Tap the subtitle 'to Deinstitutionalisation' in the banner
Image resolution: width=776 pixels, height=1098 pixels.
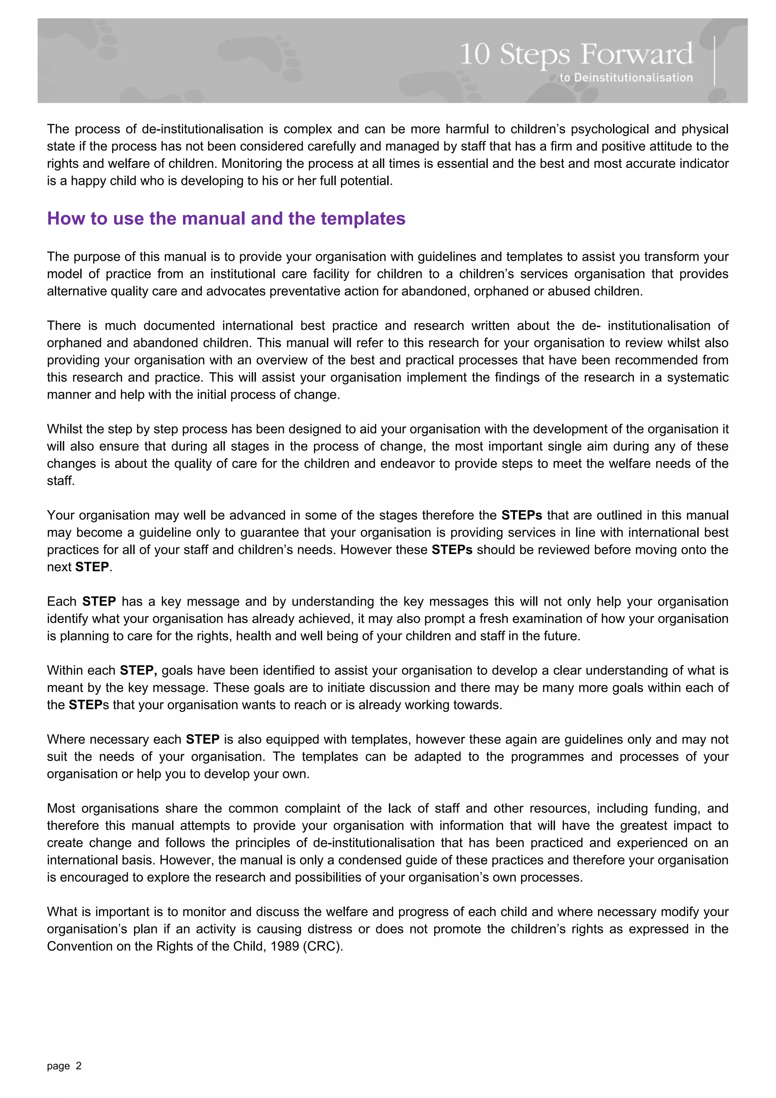(x=626, y=77)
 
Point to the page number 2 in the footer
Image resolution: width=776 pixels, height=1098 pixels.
(x=79, y=1066)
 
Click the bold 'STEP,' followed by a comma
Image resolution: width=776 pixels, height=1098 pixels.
(x=138, y=670)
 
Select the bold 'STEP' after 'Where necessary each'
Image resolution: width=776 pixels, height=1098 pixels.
(x=203, y=739)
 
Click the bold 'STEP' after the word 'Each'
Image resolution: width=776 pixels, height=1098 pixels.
(x=99, y=601)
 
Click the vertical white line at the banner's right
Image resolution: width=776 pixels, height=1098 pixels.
(x=714, y=61)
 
